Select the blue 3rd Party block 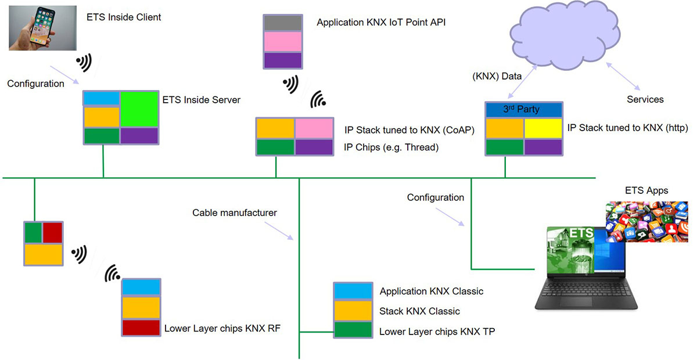tap(524, 110)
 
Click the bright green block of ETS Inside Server tap(139, 109)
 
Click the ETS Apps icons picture tap(646, 221)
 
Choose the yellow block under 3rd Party tap(543, 128)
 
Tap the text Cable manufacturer tap(235, 213)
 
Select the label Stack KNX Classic tap(419, 311)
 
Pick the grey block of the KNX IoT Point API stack tap(283, 23)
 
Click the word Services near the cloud tap(645, 99)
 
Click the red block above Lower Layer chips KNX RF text tap(141, 327)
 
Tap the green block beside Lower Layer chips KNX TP tap(353, 330)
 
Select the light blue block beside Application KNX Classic tap(353, 291)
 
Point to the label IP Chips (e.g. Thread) tap(391, 147)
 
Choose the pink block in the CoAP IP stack tap(314, 128)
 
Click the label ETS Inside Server tap(201, 100)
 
